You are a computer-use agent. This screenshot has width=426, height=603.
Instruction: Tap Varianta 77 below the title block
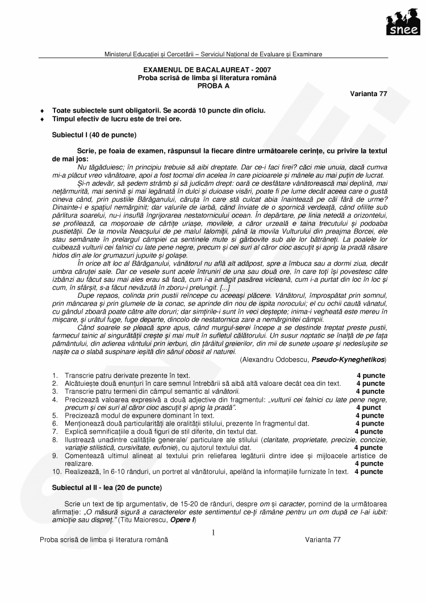pyautogui.click(x=369, y=94)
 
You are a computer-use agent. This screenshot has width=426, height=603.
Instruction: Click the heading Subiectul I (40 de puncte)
pyautogui.click(x=94, y=135)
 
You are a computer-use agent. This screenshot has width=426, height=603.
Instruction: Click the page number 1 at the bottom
pyautogui.click(x=213, y=533)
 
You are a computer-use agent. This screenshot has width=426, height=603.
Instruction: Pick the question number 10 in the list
pyautogui.click(x=56, y=472)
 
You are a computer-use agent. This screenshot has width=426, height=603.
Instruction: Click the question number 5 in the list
pyautogui.click(x=54, y=416)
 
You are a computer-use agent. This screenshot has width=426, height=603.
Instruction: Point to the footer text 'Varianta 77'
pyautogui.click(x=322, y=540)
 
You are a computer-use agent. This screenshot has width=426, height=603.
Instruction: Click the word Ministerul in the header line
pyautogui.click(x=120, y=54)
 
